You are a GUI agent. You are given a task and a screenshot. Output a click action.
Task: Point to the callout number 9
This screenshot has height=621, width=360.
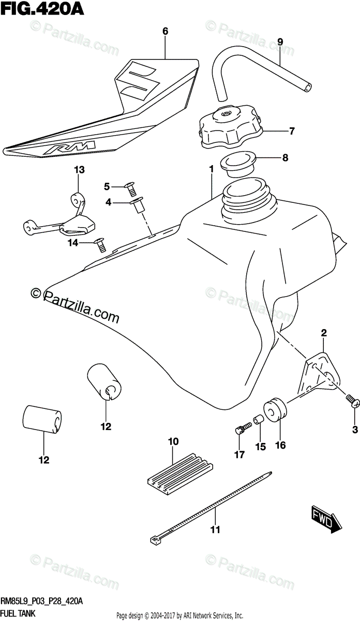pyautogui.click(x=280, y=41)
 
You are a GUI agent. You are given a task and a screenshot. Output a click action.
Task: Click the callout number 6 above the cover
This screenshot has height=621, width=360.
pyautogui.click(x=166, y=32)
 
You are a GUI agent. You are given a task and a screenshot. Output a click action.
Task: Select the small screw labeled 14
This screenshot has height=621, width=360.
pyautogui.click(x=100, y=243)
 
